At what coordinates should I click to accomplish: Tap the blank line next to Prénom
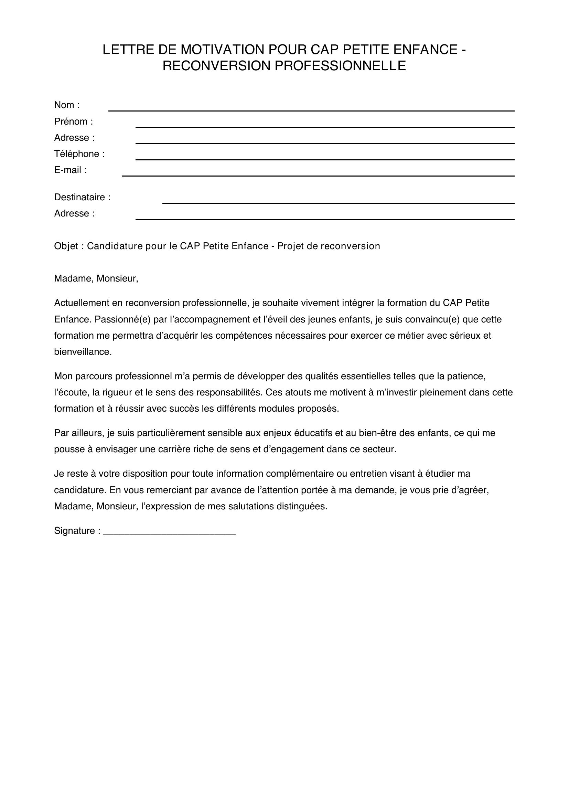point(324,124)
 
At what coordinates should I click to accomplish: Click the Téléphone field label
point(77,154)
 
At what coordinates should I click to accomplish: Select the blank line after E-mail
point(318,173)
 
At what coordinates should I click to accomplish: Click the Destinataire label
point(79,198)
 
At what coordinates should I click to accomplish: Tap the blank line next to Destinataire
point(338,200)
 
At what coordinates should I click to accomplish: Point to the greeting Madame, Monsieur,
point(96,279)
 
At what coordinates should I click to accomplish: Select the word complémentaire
point(299,474)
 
